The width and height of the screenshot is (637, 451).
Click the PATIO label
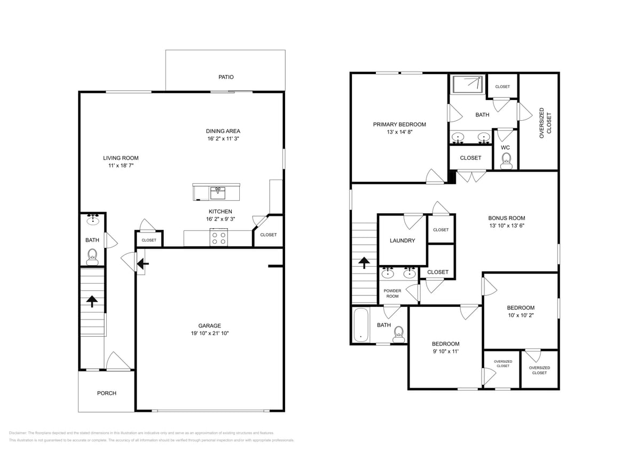(x=226, y=77)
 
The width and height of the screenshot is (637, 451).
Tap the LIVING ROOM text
(x=121, y=158)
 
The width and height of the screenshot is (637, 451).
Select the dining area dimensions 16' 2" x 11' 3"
(x=223, y=139)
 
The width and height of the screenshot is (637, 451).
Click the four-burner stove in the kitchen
(x=218, y=238)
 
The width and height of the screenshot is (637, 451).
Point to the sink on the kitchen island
(x=217, y=191)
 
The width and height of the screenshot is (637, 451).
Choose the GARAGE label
(x=209, y=325)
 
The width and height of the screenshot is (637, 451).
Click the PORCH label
(x=106, y=393)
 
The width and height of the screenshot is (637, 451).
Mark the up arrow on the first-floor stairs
(x=92, y=301)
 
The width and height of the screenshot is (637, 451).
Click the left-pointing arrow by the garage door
(x=143, y=263)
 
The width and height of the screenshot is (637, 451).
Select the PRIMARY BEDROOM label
(x=399, y=125)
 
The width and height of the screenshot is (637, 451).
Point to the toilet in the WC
(x=506, y=160)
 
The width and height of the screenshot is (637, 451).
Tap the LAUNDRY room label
(x=402, y=240)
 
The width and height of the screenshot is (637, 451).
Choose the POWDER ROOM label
(x=392, y=293)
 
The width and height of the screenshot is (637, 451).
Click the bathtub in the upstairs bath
(x=361, y=324)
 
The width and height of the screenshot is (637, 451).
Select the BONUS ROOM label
(x=506, y=218)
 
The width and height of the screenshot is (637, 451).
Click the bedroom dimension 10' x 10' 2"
(x=520, y=315)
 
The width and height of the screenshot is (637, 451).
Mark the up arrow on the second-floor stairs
(x=364, y=262)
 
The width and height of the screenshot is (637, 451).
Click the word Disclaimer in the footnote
(x=18, y=433)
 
